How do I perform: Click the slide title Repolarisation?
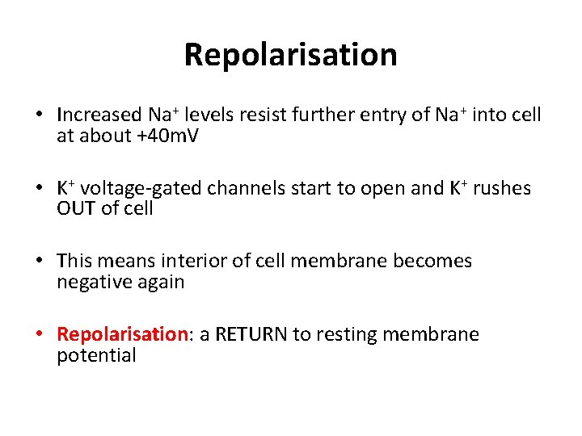(x=291, y=55)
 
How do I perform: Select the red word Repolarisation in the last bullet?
(x=122, y=334)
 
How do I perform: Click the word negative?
(x=91, y=283)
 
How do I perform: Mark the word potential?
(x=96, y=356)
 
